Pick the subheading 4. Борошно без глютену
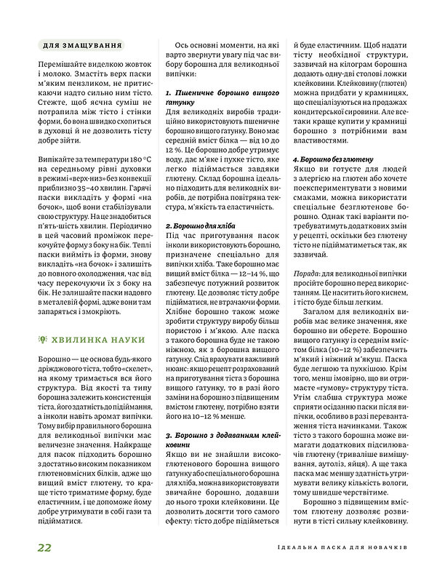(333, 159)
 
